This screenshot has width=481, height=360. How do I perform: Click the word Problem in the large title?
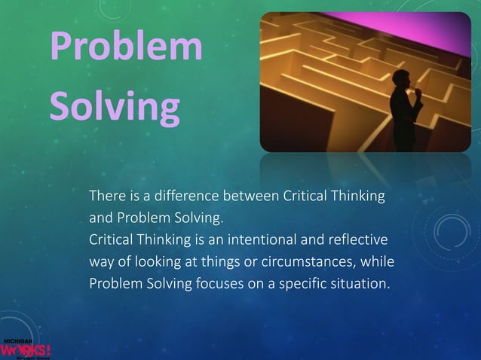pyautogui.click(x=126, y=49)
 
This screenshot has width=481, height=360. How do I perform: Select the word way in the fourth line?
pyautogui.click(x=102, y=263)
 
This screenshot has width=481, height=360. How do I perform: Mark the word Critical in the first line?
pyautogui.click(x=304, y=197)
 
